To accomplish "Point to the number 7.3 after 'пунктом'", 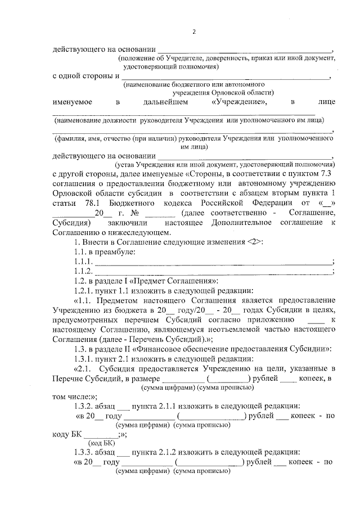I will click(327, 174).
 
